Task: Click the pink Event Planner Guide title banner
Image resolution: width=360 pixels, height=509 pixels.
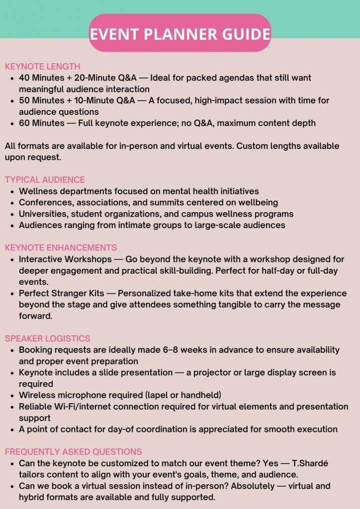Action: coord(180,33)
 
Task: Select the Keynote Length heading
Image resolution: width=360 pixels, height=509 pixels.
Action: coord(42,67)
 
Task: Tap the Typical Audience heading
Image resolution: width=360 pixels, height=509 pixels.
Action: coord(45,180)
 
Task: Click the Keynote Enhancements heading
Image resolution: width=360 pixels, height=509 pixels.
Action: coord(61,248)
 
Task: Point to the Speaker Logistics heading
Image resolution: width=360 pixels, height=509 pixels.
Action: coord(48,339)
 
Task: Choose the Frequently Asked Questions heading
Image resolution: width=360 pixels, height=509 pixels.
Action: coord(73,452)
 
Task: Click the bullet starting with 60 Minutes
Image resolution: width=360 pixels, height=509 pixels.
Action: coord(167,123)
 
